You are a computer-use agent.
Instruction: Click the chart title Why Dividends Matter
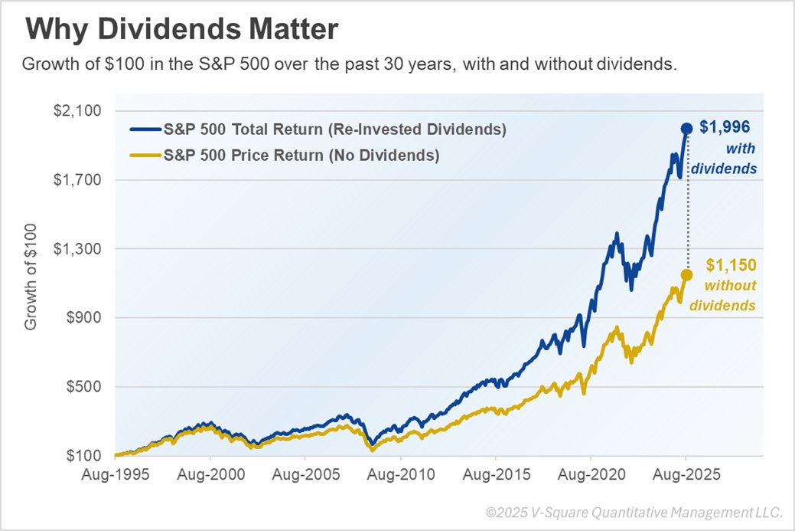tap(181, 31)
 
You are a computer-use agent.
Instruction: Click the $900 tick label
tap(83, 318)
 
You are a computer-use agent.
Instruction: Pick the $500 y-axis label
tap(83, 387)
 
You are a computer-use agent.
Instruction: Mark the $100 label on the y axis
tap(83, 456)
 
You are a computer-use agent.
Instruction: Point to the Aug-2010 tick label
tap(400, 475)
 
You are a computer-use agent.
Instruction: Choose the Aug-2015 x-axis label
tap(495, 475)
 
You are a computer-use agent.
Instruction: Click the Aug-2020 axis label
tap(590, 475)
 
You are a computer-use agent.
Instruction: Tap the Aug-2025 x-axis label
tap(686, 475)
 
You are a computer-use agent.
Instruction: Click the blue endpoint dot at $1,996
tap(686, 129)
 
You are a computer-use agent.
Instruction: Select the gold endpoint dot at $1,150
tap(686, 274)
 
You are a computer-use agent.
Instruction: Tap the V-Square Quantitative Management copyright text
tap(634, 512)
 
